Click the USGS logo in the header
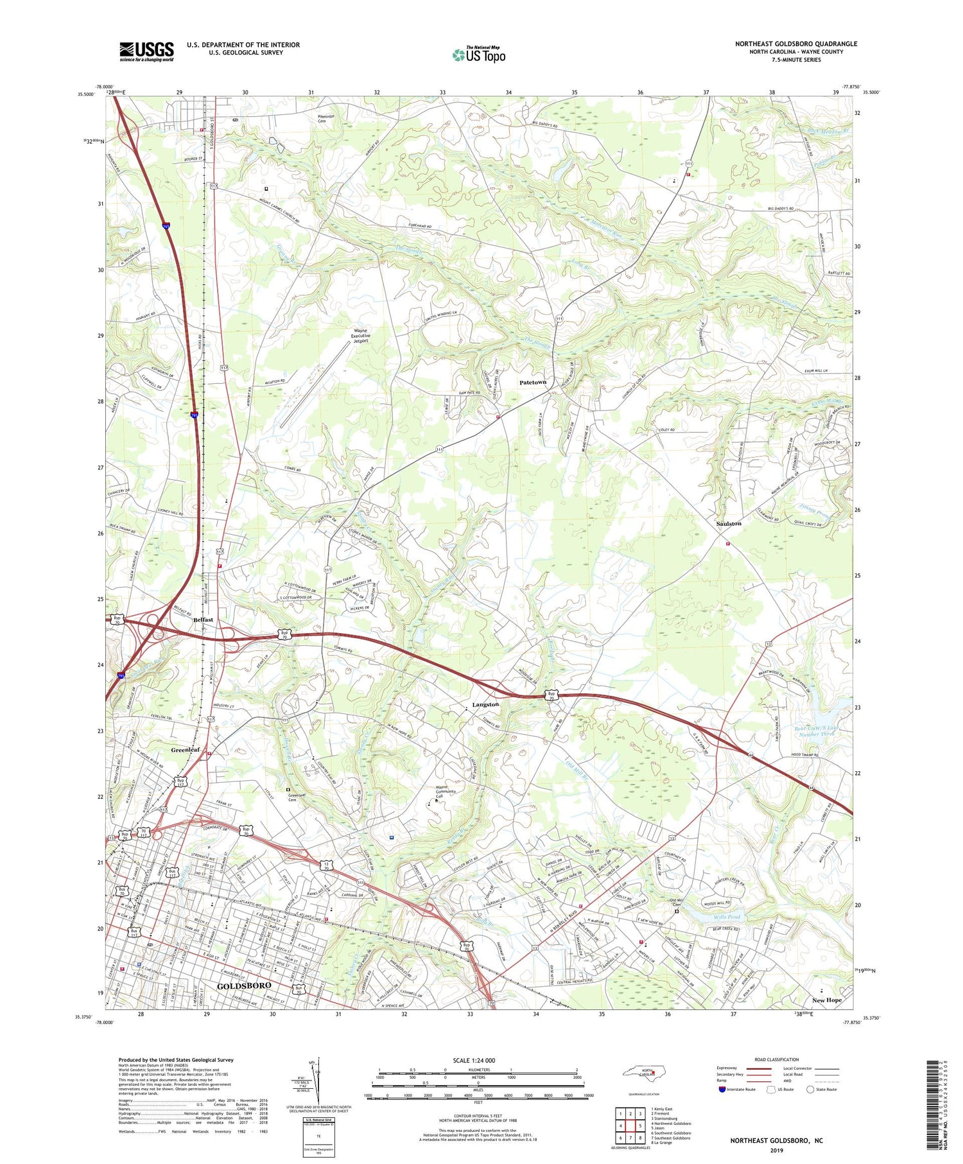[146, 51]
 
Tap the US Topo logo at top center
[479, 55]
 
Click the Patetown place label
[532, 382]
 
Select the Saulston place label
[729, 523]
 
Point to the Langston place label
[485, 704]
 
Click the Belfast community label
[204, 620]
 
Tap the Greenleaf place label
[186, 750]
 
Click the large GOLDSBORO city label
[244, 985]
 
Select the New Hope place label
[826, 1000]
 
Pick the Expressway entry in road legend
[729, 1068]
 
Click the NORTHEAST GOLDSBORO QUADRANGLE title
[796, 44]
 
